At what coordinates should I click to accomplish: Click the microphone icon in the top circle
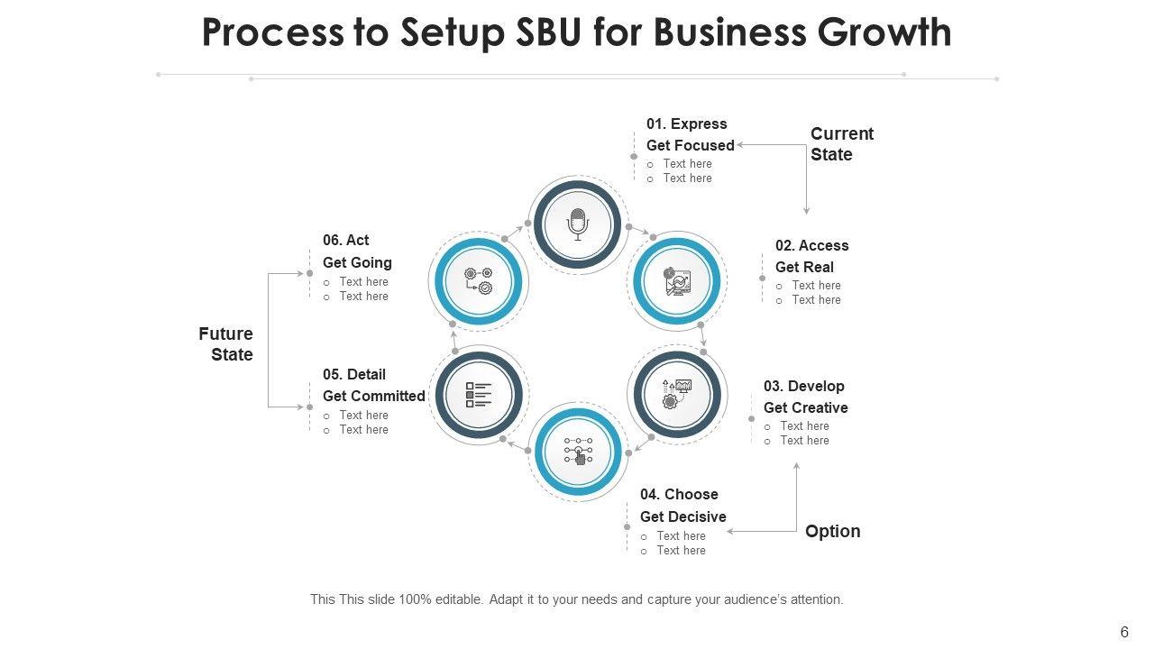(x=578, y=224)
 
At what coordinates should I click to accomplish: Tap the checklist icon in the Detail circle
(x=479, y=395)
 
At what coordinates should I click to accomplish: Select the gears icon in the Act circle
(x=479, y=281)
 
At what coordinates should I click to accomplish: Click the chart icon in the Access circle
(x=677, y=281)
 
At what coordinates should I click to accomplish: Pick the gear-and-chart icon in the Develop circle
(x=677, y=394)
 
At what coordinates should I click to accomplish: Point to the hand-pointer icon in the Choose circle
(x=578, y=452)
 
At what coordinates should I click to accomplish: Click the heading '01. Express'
(x=686, y=124)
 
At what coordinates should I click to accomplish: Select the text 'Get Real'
(x=804, y=267)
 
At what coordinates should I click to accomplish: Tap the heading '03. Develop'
(x=803, y=387)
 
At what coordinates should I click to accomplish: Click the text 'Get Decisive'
(x=682, y=516)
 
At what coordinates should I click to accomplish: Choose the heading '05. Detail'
(x=354, y=374)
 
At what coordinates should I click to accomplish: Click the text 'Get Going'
(x=357, y=262)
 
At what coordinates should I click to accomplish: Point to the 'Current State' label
(x=841, y=144)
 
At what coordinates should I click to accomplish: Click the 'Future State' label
(x=226, y=344)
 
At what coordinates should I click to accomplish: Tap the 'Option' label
(x=832, y=531)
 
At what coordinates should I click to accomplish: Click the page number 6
(x=1124, y=633)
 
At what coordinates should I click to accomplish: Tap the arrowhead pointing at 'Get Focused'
(x=740, y=145)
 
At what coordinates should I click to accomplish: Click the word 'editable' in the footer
(x=457, y=599)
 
